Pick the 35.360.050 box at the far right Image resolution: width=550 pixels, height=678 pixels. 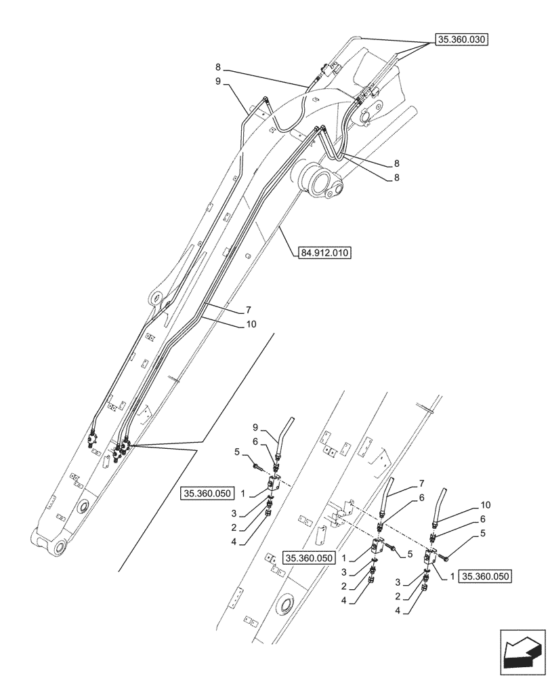click(x=485, y=576)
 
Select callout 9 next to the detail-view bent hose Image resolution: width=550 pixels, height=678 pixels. click(x=255, y=427)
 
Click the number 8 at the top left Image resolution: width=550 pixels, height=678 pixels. click(x=217, y=67)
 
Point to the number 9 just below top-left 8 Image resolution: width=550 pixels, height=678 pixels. click(x=217, y=82)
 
